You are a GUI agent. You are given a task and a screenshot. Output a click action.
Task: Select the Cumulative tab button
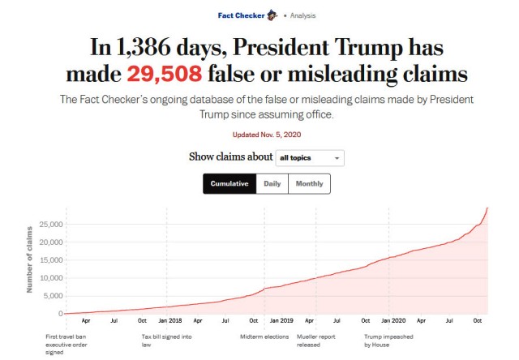[229, 184]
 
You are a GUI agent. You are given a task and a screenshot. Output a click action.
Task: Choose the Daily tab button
[272, 184]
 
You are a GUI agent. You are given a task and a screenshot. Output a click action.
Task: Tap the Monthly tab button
[309, 184]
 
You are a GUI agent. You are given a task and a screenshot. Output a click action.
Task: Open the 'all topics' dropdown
[310, 158]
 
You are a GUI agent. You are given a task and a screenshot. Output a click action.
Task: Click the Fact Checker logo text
[242, 15]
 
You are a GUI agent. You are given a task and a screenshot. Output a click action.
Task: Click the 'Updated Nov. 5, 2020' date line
[259, 133]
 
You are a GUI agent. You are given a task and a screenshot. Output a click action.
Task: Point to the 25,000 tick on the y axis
[49, 224]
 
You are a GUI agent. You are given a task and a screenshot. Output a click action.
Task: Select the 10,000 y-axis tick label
[49, 277]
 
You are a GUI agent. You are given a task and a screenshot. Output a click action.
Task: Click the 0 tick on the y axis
[59, 313]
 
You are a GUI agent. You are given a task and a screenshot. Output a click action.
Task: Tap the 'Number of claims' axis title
[29, 261]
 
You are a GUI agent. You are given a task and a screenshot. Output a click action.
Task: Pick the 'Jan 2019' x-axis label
[281, 321]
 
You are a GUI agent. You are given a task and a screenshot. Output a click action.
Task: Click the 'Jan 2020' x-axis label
[393, 321]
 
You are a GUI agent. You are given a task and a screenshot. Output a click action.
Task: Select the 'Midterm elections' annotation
[264, 336]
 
